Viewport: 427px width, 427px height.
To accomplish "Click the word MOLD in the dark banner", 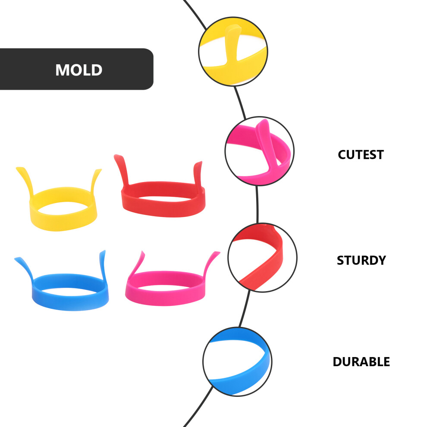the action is [78, 70].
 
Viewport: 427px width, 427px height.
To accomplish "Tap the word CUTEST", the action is [361, 155].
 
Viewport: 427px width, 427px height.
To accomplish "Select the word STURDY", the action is [361, 261].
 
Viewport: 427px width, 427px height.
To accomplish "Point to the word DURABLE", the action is [361, 361].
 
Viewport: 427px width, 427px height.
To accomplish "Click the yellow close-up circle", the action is [233, 51].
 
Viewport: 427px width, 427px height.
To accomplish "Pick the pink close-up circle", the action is [260, 151].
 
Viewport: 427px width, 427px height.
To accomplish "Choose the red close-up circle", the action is [262, 257].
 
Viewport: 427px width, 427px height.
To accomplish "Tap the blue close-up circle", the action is [237, 361].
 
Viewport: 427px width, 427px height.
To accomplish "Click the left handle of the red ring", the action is [122, 169].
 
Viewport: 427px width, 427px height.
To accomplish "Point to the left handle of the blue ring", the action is [24, 268].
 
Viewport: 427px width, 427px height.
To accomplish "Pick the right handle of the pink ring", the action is [211, 263].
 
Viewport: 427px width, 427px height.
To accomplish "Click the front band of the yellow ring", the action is [63, 222].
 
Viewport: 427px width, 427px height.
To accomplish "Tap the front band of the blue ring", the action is [70, 302].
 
